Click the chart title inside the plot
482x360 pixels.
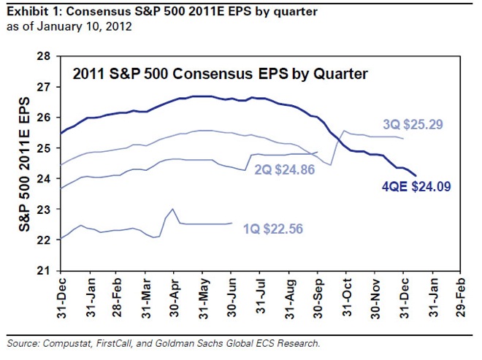(x=219, y=74)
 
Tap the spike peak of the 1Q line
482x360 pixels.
(x=172, y=209)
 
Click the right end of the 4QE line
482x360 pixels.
(x=416, y=175)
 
